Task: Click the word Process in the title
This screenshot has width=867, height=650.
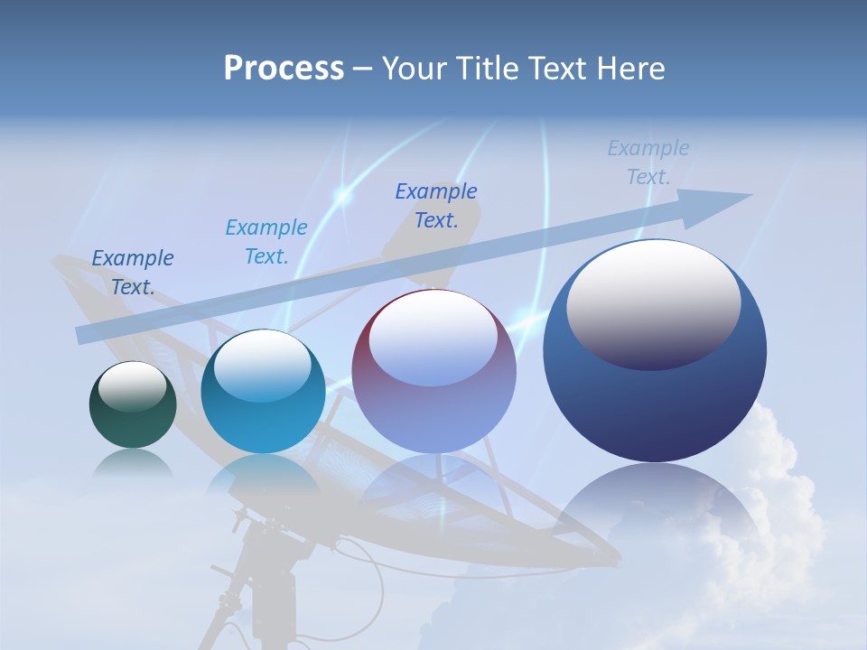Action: tap(284, 68)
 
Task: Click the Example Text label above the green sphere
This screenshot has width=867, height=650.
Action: tap(133, 272)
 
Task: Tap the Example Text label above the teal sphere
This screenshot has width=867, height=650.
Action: tap(266, 241)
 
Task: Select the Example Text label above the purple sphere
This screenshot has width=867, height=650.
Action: tap(436, 205)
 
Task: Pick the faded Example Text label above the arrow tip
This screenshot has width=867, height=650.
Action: tap(648, 162)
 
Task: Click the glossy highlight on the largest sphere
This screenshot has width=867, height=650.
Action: tap(653, 303)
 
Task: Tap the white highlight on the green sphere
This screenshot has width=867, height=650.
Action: tap(132, 385)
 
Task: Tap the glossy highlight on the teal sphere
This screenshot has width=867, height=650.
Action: tap(262, 365)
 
